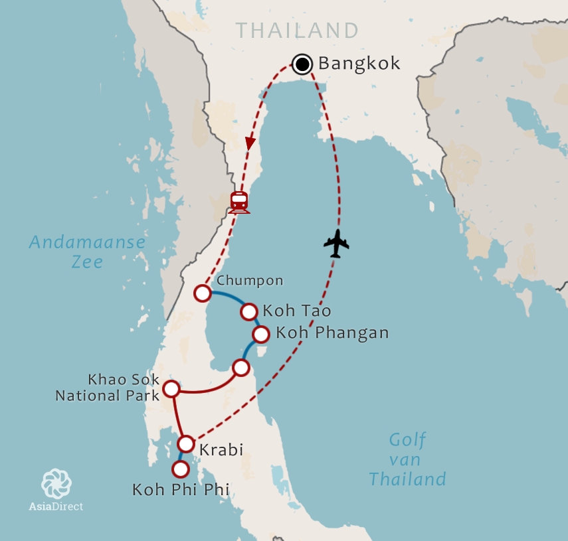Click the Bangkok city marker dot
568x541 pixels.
coord(302,64)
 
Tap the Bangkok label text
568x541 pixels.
coord(359,64)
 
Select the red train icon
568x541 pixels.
coord(238,202)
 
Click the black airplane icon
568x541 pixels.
coord(336,244)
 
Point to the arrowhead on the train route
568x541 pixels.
coord(250,143)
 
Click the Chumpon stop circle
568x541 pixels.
coord(203,293)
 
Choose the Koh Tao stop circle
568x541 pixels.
coord(248,311)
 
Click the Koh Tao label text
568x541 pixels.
coord(297,311)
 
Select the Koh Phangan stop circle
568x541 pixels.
coord(261,333)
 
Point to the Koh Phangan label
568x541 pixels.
coord(331,333)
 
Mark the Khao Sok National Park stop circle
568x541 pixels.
coord(171,388)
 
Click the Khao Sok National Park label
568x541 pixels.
coord(108,388)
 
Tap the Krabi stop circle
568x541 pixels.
coord(187,444)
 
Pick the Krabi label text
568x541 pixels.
coord(221,450)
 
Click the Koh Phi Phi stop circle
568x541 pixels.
coord(180,469)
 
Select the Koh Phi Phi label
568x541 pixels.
coord(181,490)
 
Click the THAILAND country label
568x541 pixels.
coord(297,31)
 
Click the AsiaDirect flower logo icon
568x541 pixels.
coord(56,483)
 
